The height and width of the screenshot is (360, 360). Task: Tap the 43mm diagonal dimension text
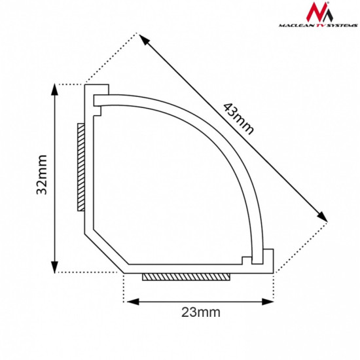[x=238, y=118]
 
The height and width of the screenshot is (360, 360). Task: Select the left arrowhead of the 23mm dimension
[x=129, y=301]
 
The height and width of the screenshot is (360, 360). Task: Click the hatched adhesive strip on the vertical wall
[x=80, y=167]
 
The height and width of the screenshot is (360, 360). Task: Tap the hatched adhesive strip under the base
[x=187, y=278]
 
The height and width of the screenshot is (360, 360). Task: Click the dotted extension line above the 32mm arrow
[x=69, y=84]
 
